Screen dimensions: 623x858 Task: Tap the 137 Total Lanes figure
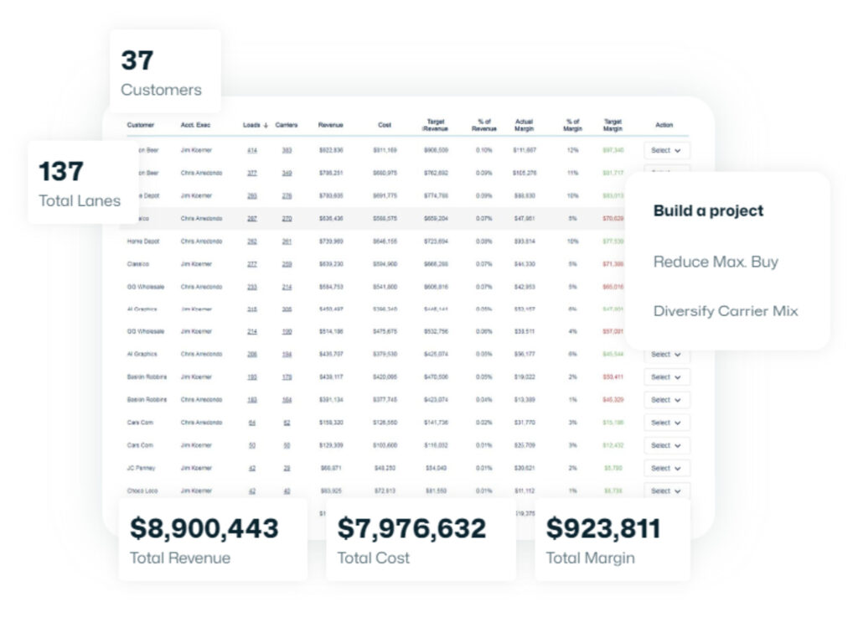(61, 171)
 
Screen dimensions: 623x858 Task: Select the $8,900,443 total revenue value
(204, 528)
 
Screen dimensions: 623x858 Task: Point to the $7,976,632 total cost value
(411, 528)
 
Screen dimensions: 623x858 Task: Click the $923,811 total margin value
(603, 528)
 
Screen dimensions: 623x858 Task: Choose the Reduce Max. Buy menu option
(716, 262)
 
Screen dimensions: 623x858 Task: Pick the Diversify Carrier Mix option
(726, 311)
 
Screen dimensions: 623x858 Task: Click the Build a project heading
(709, 210)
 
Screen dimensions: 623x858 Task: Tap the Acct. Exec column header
(195, 125)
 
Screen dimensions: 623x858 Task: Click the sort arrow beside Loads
(266, 125)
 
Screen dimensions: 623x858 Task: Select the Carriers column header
(287, 125)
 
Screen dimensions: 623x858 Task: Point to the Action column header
(664, 125)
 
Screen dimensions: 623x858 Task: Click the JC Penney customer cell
(141, 468)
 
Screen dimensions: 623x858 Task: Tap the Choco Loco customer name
(142, 491)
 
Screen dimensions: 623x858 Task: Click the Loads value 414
(251, 150)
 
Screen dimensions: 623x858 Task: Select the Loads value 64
(251, 423)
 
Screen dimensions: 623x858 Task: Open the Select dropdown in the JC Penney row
(666, 468)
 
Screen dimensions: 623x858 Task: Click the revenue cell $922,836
(331, 150)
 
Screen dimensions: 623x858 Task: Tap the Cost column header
(385, 125)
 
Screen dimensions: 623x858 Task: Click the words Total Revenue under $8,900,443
(179, 558)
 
